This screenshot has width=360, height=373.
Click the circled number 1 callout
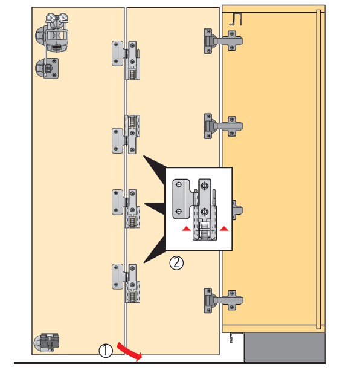pos(106,351)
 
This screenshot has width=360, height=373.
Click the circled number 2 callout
pos(176,263)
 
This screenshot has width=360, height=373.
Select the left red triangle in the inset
pos(186,229)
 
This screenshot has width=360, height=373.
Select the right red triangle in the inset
pos(224,229)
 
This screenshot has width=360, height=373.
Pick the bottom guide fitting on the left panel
pos(47,343)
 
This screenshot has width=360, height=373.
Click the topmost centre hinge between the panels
pos(126,60)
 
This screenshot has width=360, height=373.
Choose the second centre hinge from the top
pos(126,134)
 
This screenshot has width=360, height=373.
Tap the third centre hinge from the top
pos(126,209)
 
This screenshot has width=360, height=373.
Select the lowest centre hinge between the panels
pos(126,283)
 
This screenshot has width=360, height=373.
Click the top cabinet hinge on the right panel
pos(223,41)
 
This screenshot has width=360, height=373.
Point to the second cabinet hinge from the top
pos(223,126)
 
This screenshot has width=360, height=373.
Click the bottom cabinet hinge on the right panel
pos(223,300)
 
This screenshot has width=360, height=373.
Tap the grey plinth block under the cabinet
pos(284,348)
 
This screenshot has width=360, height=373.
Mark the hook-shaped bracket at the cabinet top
pos(236,19)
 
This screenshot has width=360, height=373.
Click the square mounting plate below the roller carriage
pos(47,68)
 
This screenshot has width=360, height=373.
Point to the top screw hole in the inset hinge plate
pos(179,184)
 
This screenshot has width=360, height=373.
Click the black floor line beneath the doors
pos(169,363)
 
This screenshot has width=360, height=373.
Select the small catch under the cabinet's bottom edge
pos(231,338)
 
